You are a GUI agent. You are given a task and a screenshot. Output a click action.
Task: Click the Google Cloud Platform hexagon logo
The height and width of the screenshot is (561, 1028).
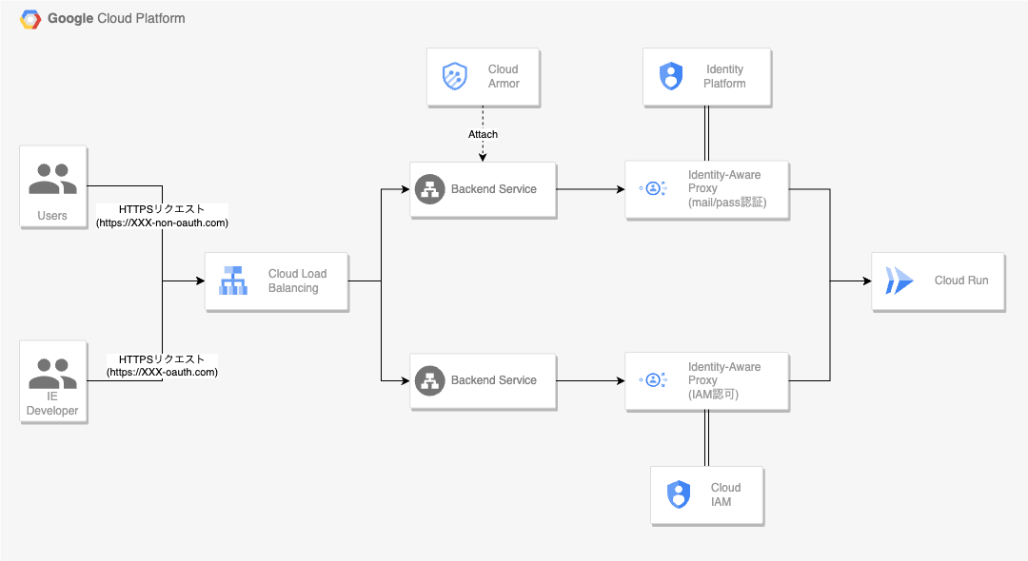click(x=30, y=19)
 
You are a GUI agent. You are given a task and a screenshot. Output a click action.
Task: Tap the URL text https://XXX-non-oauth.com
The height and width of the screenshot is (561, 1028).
click(x=163, y=222)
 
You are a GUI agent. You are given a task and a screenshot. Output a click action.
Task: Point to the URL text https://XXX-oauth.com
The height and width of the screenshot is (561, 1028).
click(x=163, y=372)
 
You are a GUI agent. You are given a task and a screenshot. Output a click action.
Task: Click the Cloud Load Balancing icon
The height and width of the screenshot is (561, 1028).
click(x=233, y=280)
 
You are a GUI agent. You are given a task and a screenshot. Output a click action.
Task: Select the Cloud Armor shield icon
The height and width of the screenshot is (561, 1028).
click(x=455, y=76)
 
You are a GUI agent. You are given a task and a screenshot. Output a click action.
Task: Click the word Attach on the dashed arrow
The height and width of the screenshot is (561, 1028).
click(x=483, y=134)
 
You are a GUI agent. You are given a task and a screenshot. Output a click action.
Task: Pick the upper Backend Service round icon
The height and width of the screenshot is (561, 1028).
click(x=430, y=189)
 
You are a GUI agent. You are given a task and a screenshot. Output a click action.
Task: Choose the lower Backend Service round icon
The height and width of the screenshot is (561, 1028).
click(x=430, y=380)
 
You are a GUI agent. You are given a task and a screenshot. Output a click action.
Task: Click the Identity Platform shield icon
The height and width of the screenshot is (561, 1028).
click(x=671, y=76)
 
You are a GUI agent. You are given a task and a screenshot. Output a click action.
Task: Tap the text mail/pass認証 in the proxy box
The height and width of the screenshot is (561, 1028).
click(x=727, y=203)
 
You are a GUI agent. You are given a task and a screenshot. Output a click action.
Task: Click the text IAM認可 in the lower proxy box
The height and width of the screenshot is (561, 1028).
click(x=713, y=394)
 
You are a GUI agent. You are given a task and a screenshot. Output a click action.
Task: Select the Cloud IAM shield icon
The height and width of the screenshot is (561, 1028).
click(x=678, y=494)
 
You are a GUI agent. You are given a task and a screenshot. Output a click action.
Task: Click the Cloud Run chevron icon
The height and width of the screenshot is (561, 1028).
click(x=899, y=280)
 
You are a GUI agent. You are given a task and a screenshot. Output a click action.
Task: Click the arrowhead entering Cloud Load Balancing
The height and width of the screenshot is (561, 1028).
click(x=200, y=280)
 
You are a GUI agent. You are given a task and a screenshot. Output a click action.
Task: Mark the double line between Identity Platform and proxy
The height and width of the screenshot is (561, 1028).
click(x=707, y=133)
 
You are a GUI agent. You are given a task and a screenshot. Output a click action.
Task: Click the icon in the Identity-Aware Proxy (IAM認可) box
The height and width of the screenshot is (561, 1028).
click(x=653, y=380)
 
